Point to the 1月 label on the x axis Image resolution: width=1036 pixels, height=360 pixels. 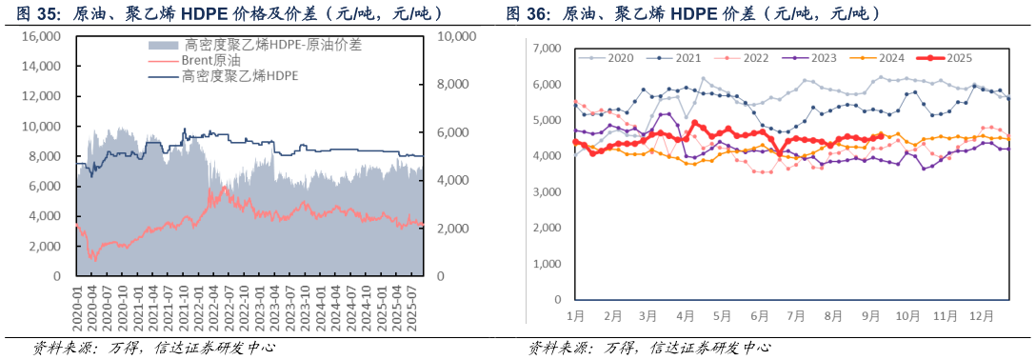(576, 314)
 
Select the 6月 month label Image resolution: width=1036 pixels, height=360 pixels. (759, 314)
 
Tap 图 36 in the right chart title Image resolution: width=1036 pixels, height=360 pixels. (525, 13)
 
